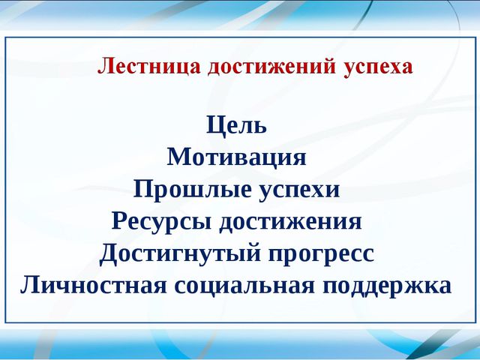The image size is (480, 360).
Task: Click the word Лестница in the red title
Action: (149, 66)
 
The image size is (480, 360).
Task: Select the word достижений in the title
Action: (271, 66)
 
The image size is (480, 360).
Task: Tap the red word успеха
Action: (378, 68)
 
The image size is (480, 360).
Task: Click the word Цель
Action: (236, 125)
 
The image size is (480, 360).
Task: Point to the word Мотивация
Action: (236, 157)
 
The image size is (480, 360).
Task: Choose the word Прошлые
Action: (192, 190)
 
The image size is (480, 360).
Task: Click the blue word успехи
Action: (299, 191)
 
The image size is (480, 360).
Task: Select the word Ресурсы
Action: (161, 222)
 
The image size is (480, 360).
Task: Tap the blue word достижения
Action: (290, 222)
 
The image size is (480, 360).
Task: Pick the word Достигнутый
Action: (180, 253)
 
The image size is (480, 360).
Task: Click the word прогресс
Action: (321, 255)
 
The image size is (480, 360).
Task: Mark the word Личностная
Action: (93, 285)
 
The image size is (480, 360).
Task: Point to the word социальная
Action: (244, 286)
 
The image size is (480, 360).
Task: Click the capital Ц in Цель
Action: (215, 125)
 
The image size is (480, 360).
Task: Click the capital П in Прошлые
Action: (144, 188)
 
